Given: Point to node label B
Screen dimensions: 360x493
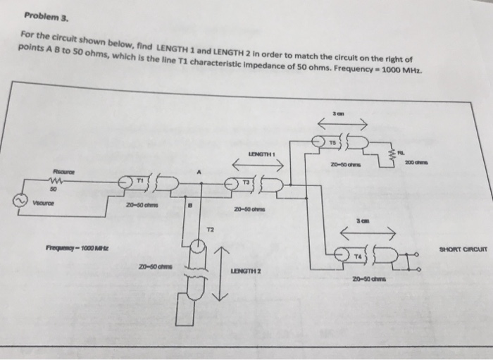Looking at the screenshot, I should click(x=186, y=207).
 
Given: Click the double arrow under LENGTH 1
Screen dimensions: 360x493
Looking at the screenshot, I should click(x=258, y=167).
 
